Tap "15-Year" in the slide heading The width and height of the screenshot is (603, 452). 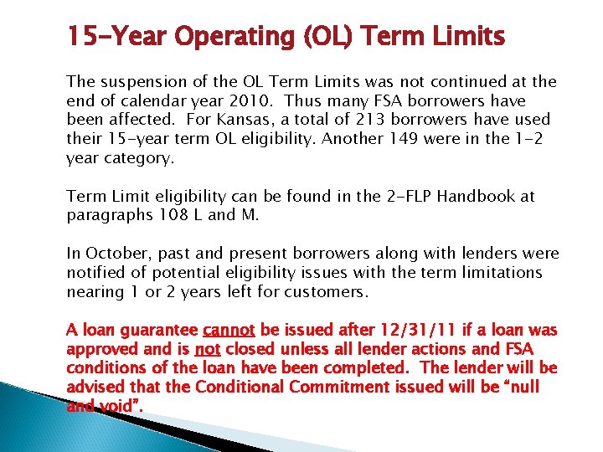click(110, 38)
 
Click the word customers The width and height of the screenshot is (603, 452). click(327, 291)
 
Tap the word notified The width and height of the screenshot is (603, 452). click(94, 273)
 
